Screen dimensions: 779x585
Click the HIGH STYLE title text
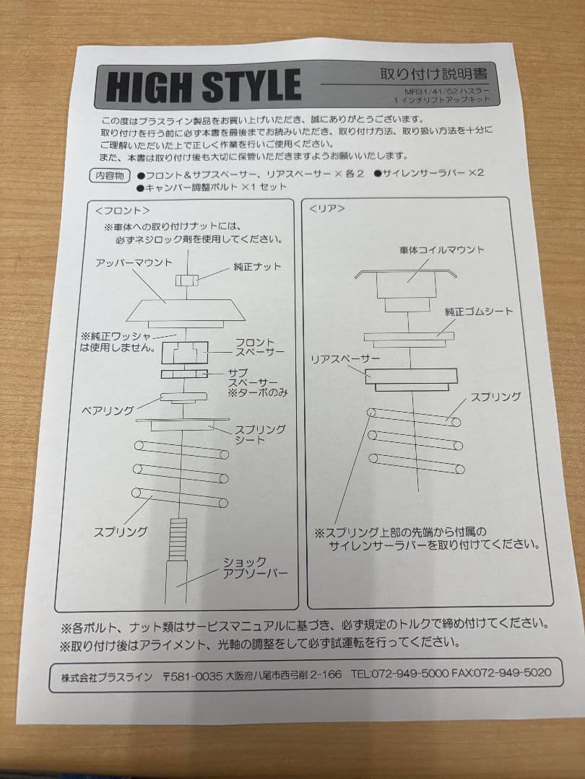[x=204, y=86]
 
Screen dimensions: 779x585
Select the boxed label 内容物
[x=109, y=175]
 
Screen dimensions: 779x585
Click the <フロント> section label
[x=122, y=210]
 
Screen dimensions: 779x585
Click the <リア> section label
[x=326, y=208]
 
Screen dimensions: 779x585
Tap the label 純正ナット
[x=257, y=266]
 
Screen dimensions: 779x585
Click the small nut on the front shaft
[x=187, y=278]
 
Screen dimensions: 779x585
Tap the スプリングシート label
[x=260, y=434]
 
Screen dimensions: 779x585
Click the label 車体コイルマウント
[x=441, y=250]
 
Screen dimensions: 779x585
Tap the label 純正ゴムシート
[x=479, y=311]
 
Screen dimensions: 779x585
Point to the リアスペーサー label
[x=345, y=358]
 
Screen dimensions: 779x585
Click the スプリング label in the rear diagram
[x=495, y=397]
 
